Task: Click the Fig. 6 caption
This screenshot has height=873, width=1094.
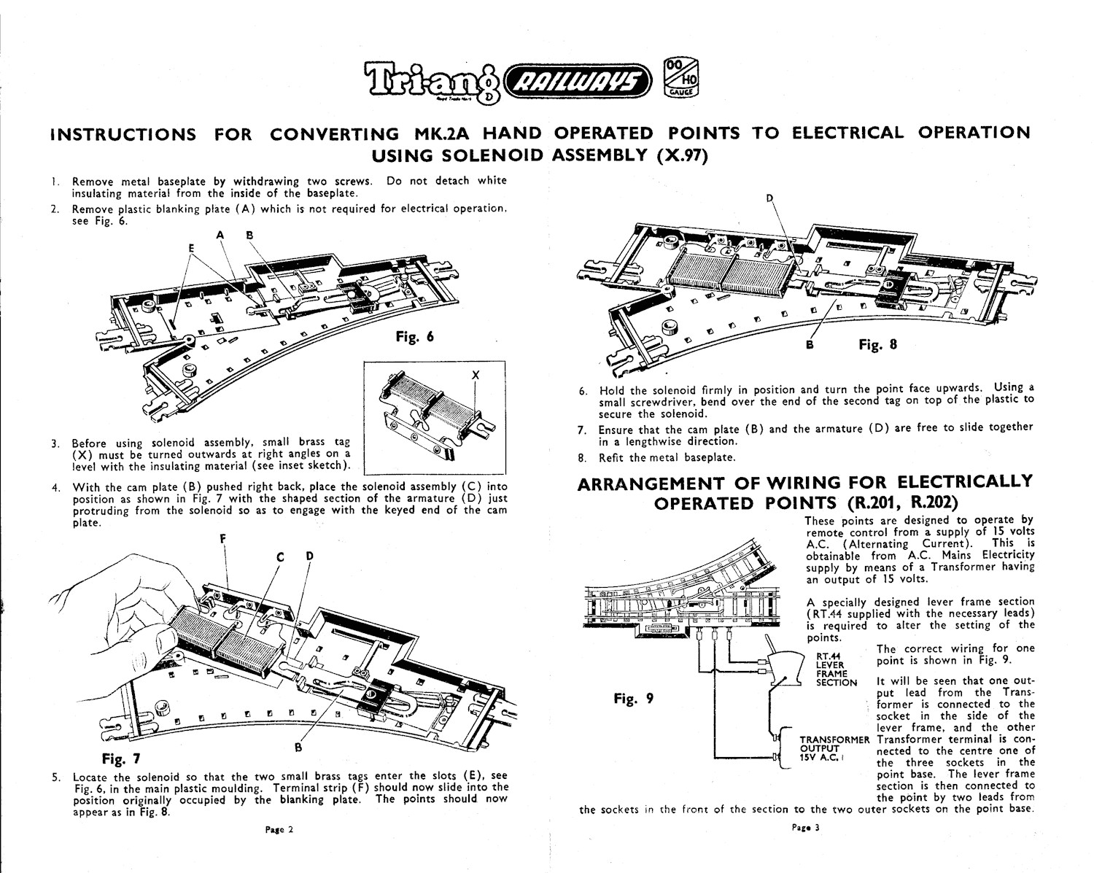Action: pos(414,336)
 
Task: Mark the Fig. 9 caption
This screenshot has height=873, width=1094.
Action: pos(634,698)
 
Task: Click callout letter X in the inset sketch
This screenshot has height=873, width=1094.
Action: pos(476,374)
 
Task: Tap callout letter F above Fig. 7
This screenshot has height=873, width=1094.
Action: pos(223,539)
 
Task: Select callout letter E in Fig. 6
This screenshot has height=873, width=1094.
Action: pos(192,247)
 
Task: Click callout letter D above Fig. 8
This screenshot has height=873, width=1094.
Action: pos(769,198)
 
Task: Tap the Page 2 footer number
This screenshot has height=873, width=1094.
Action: pos(278,829)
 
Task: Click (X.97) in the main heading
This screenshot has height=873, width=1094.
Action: pos(683,155)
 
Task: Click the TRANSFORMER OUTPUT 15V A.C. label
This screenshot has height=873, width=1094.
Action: pos(834,747)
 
